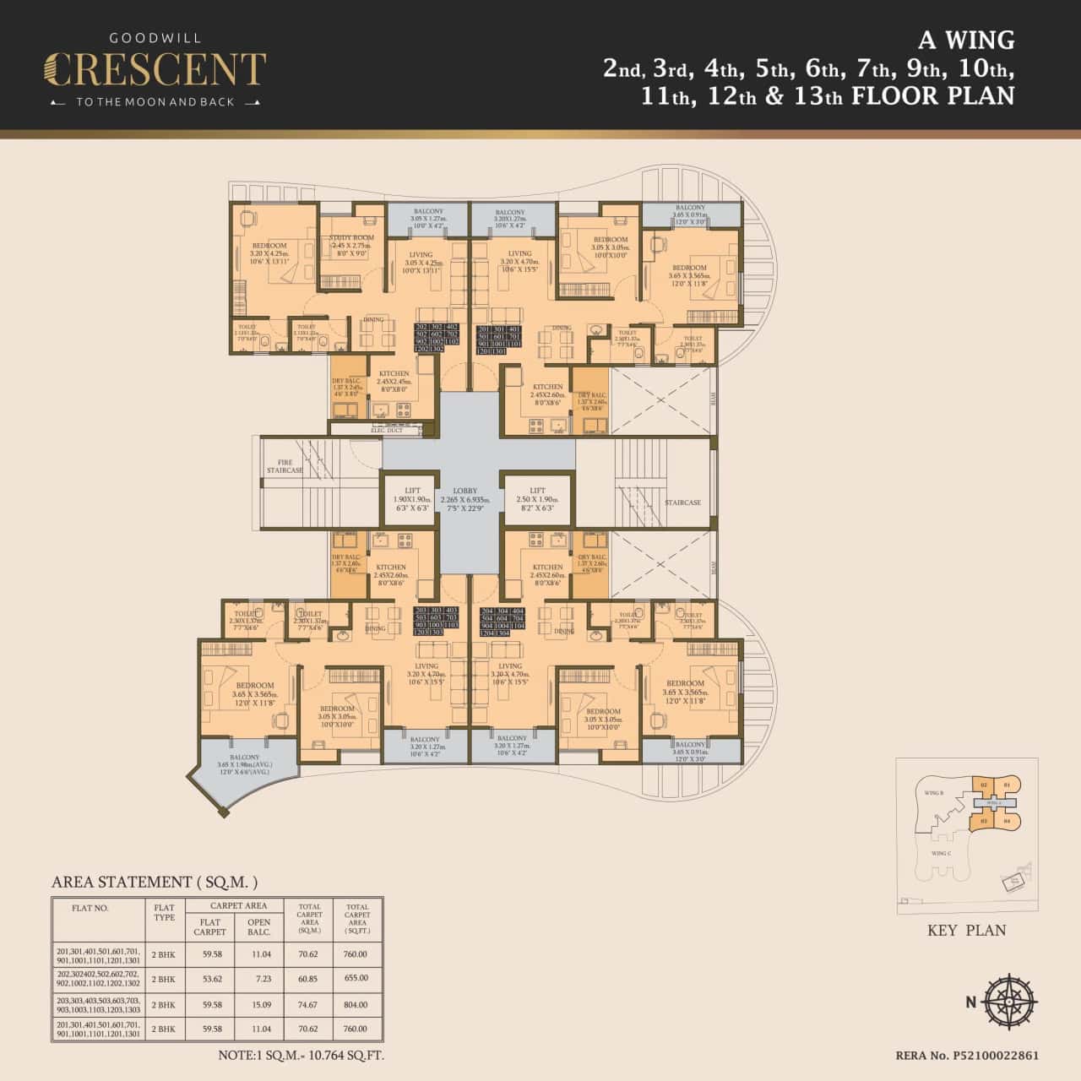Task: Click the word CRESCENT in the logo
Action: pos(155,70)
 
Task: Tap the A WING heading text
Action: pos(966,40)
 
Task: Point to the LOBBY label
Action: pos(464,491)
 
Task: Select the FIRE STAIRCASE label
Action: pos(285,466)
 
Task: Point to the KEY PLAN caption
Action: pos(966,930)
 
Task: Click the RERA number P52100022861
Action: pos(966,1056)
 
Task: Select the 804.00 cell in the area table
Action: pos(356,1005)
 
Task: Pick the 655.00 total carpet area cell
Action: pos(356,978)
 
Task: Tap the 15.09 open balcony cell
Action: pos(260,1005)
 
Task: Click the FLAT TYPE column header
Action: pos(164,914)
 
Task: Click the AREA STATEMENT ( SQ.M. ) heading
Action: pos(155,882)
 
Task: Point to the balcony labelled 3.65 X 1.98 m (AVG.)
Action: pos(245,763)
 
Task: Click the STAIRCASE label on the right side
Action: pos(682,502)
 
